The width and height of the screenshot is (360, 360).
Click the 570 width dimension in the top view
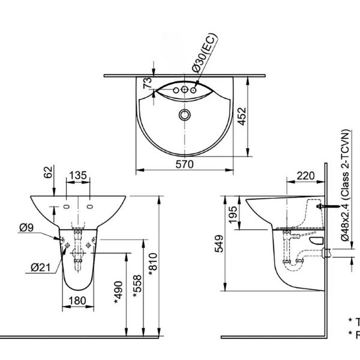tap(184, 164)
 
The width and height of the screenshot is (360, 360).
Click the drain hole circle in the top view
tap(185, 113)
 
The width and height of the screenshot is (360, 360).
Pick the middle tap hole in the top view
tap(184, 91)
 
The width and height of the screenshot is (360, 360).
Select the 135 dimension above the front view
tap(78, 175)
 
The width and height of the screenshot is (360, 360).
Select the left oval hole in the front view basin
tap(65, 207)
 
